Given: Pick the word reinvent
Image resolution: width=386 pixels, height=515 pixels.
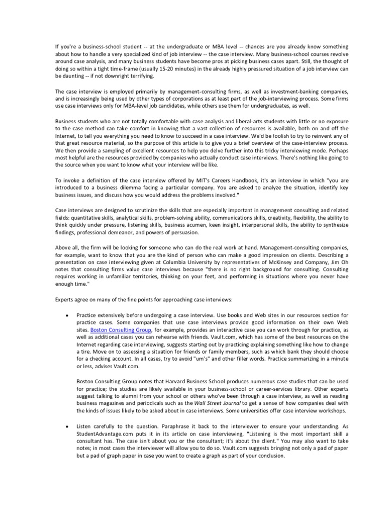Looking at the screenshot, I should pyautogui.click(x=308, y=137).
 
